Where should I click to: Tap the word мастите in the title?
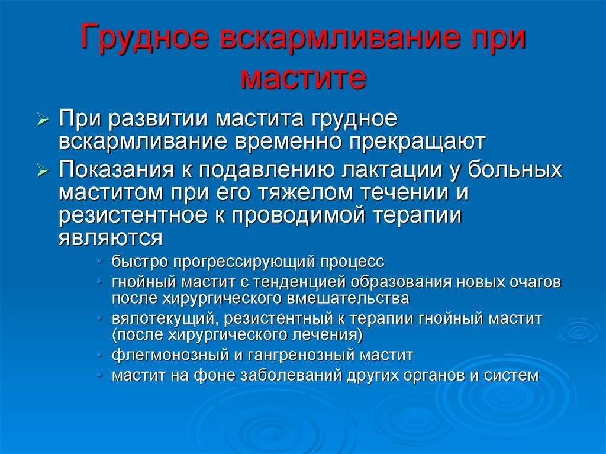(303, 78)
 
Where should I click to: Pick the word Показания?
(117, 169)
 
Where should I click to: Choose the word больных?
(515, 169)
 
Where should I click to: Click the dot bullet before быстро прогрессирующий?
(100, 262)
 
